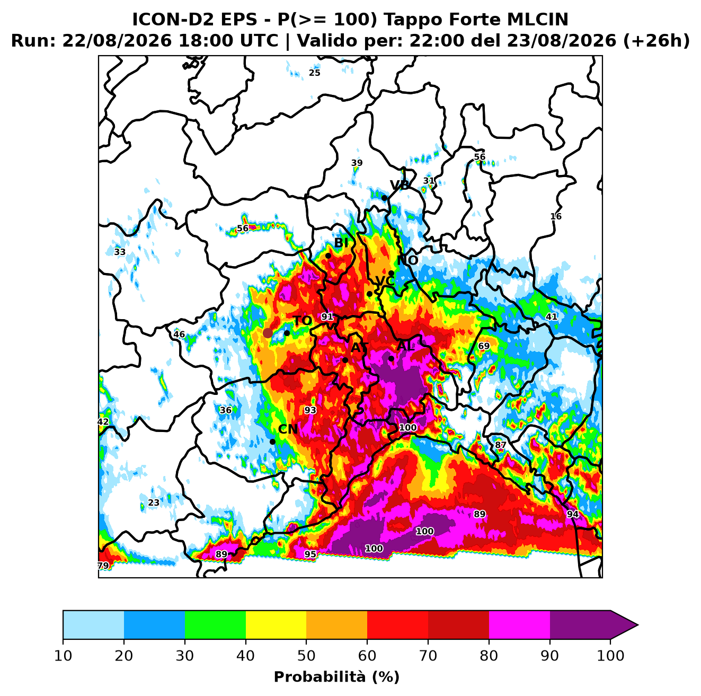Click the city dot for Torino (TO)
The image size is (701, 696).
click(287, 333)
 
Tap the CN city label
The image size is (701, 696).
click(288, 429)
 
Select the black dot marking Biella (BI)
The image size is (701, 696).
click(328, 256)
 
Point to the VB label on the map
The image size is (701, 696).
click(400, 186)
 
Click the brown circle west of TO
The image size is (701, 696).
click(268, 333)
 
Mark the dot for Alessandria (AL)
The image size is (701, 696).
click(391, 358)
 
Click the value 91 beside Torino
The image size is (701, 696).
click(327, 316)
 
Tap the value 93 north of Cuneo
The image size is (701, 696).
click(310, 410)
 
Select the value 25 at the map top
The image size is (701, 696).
click(315, 73)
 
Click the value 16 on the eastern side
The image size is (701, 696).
click(556, 217)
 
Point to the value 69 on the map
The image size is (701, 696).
click(484, 346)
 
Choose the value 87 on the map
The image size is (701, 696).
click(501, 445)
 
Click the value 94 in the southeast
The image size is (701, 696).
click(573, 514)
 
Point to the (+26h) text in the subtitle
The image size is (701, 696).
click(656, 41)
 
